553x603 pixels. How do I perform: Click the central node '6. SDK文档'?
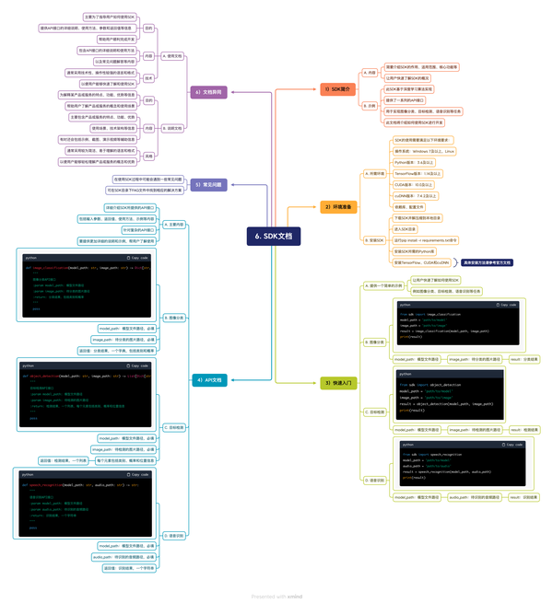coord(272,236)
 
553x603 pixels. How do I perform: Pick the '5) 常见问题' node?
coord(209,184)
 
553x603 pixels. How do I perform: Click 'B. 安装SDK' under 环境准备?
coord(375,239)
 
